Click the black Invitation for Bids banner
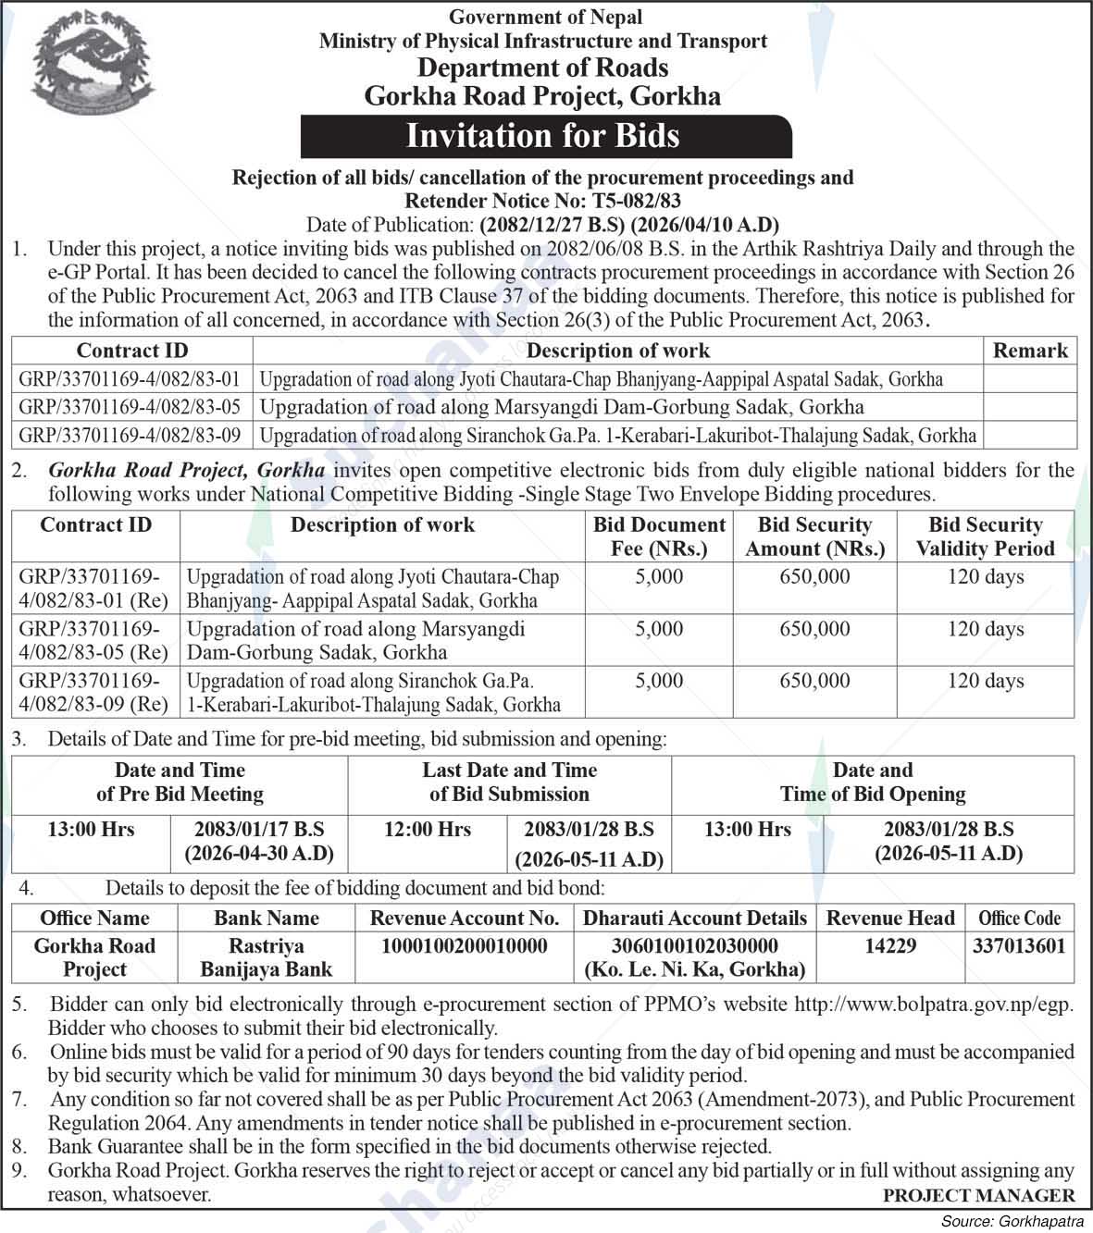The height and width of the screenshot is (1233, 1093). coord(545,137)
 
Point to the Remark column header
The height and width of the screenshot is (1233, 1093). coord(1029,351)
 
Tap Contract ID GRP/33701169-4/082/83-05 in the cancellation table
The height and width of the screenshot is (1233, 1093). coord(130,407)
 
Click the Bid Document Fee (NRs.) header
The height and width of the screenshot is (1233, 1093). coord(659,536)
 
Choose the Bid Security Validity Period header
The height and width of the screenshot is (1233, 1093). coord(985,536)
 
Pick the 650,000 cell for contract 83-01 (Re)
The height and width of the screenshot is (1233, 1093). coord(814,577)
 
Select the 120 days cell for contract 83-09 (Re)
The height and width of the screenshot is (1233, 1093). coord(985,681)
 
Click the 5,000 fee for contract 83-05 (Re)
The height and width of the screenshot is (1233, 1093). coord(659,629)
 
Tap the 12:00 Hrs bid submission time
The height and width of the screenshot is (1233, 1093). coord(428,830)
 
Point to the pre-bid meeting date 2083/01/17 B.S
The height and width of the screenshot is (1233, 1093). coord(259,830)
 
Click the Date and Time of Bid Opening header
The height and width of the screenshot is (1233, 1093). coord(872,783)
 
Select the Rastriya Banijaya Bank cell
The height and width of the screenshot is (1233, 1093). coord(266,957)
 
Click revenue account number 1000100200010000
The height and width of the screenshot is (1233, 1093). coord(465,946)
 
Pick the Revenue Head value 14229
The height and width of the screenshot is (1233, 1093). coord(889,946)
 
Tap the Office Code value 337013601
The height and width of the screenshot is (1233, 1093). coord(1019,946)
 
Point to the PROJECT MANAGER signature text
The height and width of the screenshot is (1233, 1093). coord(978,1195)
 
